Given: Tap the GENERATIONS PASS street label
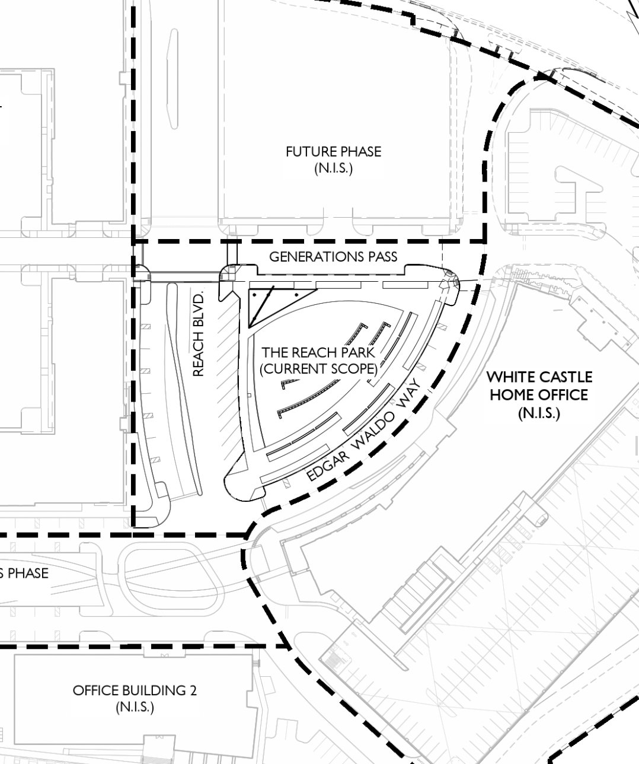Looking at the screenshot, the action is [x=333, y=257].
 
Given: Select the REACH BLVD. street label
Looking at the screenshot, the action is [x=198, y=334].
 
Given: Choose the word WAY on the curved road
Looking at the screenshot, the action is [x=409, y=393].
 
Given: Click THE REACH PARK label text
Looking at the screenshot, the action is [x=318, y=352].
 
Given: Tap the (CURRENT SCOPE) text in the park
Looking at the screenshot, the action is [x=318, y=368].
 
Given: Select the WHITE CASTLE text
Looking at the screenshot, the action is [x=539, y=377].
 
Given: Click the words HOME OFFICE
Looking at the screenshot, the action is [x=539, y=395].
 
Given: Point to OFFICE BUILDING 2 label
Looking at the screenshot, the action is [x=135, y=690].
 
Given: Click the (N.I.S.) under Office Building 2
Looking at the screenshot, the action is [x=135, y=707].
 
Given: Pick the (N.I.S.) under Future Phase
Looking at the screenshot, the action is [x=333, y=168].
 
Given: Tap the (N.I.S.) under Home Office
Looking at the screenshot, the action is [x=539, y=413].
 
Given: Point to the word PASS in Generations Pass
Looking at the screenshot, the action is [x=382, y=257].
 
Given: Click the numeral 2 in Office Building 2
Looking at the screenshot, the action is [x=193, y=690].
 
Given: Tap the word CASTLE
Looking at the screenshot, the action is [x=567, y=377].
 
